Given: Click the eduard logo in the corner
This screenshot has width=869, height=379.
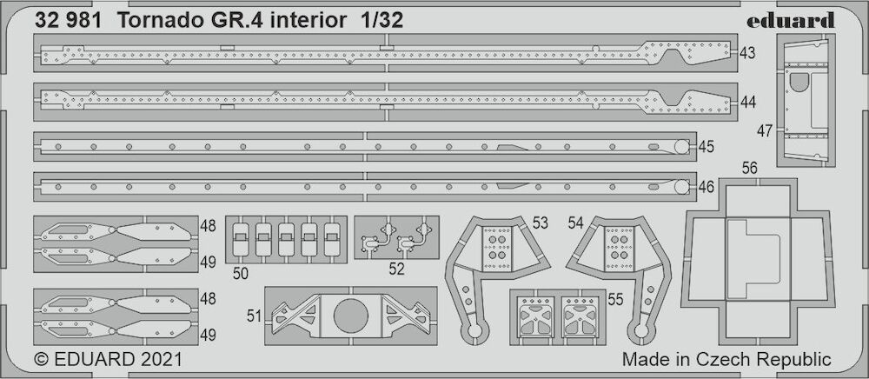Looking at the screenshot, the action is [x=790, y=21].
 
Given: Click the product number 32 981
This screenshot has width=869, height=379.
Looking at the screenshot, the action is [x=68, y=21].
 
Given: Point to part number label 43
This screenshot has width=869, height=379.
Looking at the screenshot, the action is [x=747, y=53].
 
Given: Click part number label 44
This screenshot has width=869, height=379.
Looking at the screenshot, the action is [x=747, y=102].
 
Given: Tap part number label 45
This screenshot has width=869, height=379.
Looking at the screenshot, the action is [x=706, y=147].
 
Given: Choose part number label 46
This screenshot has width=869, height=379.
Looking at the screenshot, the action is [x=706, y=187].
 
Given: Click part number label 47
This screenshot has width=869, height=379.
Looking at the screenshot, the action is [x=766, y=131].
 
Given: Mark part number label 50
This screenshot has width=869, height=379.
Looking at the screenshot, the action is [x=241, y=273].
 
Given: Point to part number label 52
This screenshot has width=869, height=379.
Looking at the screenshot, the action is [x=397, y=269].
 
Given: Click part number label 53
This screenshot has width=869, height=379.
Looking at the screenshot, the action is [x=540, y=223].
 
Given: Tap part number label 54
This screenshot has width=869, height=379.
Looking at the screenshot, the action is [x=576, y=223].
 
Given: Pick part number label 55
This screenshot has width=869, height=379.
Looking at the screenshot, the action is [x=615, y=299].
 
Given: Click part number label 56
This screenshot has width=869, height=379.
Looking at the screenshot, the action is [x=750, y=169].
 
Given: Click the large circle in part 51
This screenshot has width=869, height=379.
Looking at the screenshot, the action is [x=351, y=316].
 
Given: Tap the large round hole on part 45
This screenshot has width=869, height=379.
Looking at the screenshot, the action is [x=681, y=147].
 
